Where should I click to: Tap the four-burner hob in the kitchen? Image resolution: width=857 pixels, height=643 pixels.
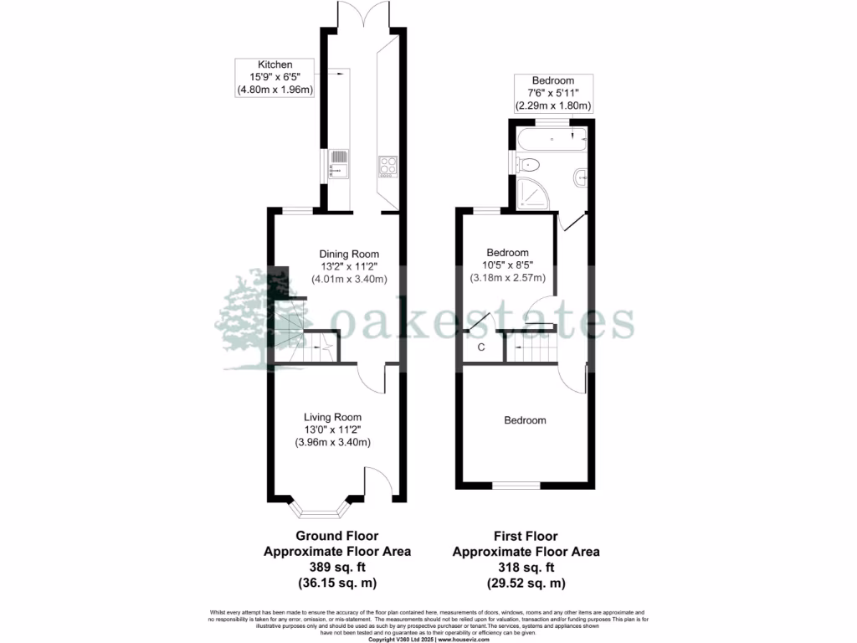tap(387, 164)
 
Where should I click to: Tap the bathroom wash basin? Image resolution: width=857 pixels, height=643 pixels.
tap(582, 177)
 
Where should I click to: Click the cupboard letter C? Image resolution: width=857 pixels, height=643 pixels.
tap(481, 347)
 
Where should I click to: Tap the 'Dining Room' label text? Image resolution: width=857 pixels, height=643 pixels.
tap(349, 254)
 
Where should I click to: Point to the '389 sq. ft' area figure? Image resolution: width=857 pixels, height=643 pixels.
tap(337, 567)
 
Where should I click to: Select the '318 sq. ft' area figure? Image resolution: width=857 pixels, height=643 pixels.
tap(526, 567)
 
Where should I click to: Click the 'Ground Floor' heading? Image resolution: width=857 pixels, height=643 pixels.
tap(337, 536)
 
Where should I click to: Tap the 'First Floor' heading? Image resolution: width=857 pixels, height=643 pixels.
tap(526, 536)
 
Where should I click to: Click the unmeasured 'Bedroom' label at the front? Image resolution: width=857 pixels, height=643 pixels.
tap(525, 420)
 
